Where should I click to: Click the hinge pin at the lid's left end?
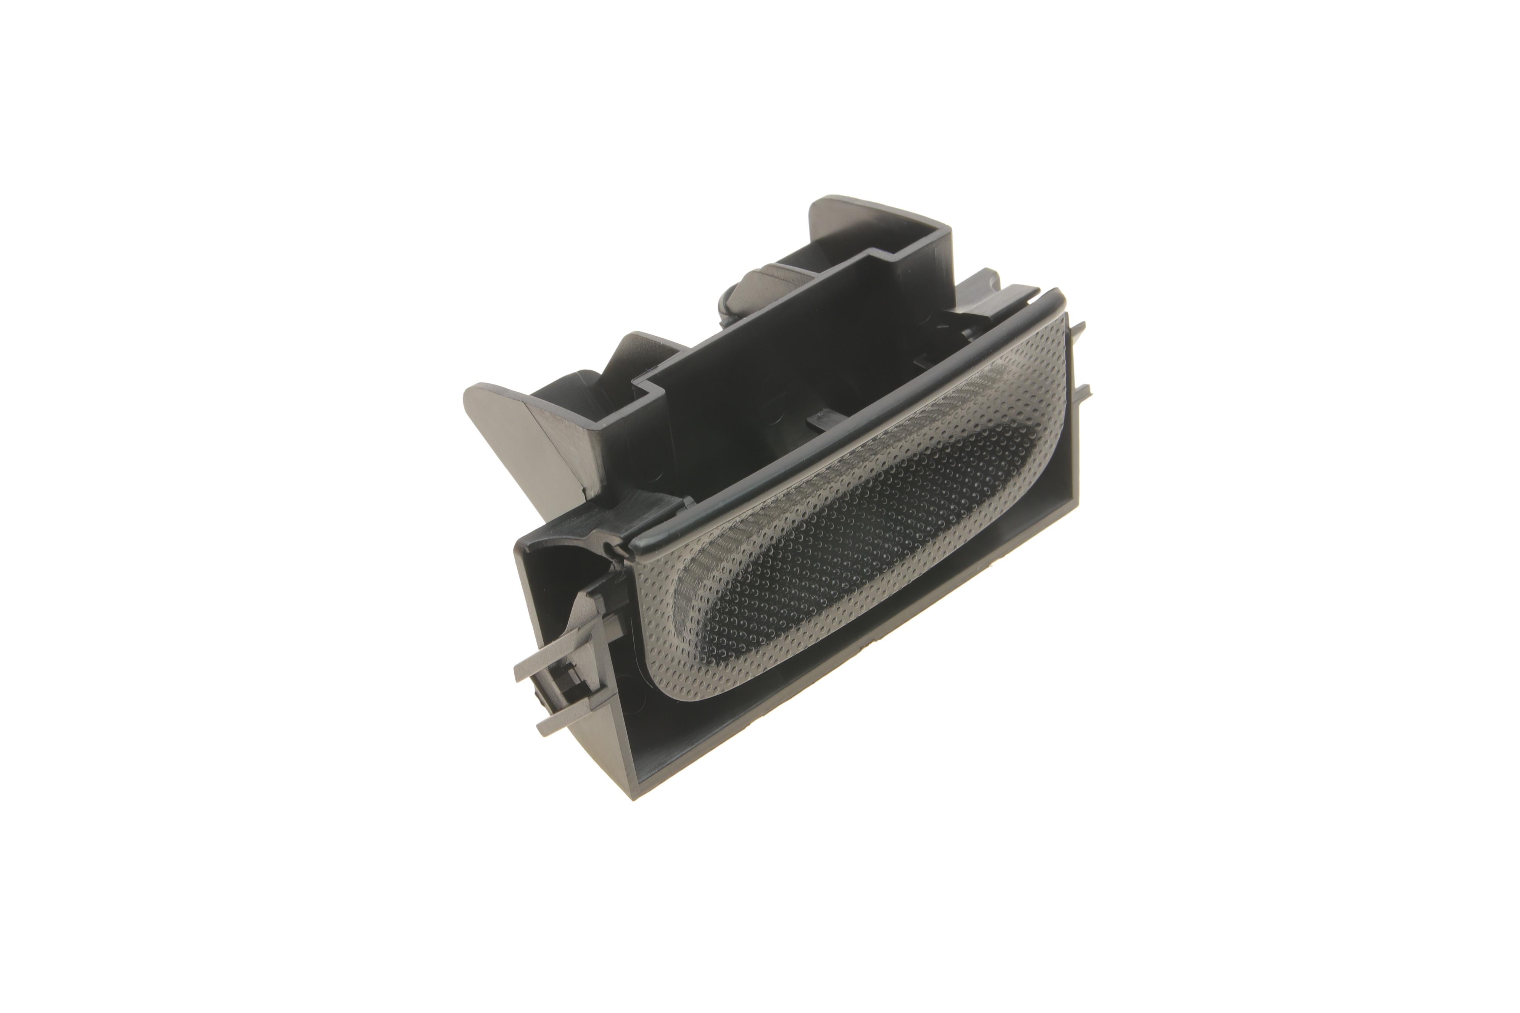coord(614,549)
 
